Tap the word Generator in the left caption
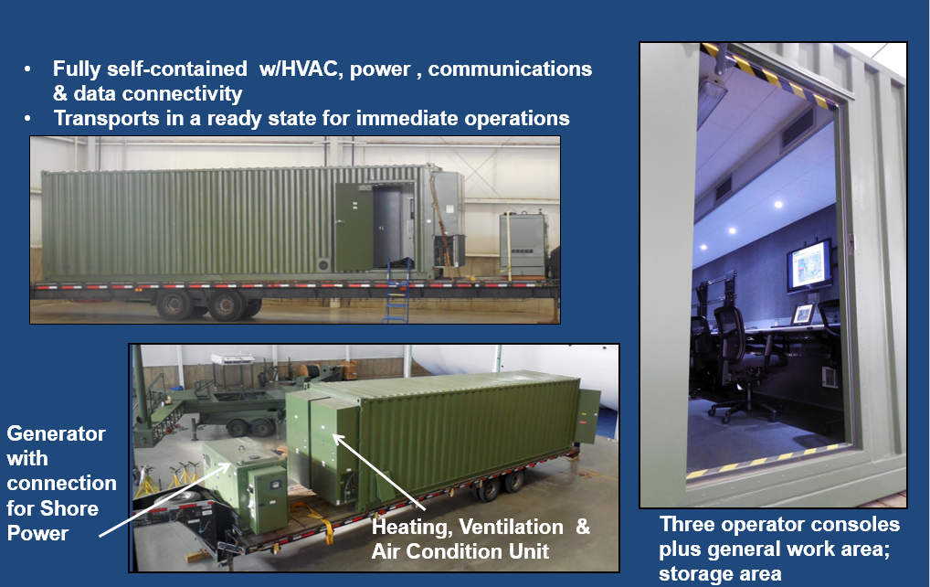point(57,433)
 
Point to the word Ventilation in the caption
point(512,527)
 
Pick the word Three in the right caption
point(684,524)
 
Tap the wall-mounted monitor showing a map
point(809,266)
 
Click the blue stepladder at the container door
point(397,291)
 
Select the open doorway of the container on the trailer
point(392,226)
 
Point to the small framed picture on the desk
point(804,314)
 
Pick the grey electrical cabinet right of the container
point(522,244)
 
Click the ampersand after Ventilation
point(583,527)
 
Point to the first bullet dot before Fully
point(28,69)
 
